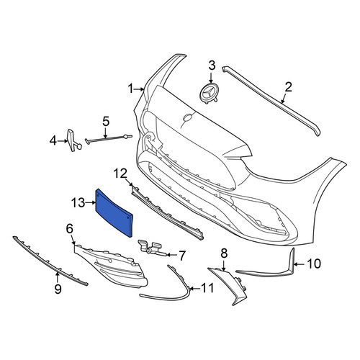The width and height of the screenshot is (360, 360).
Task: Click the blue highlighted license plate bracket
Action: (114, 213)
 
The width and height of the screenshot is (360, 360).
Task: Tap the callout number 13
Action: (78, 203)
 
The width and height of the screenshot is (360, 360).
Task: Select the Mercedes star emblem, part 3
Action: (210, 94)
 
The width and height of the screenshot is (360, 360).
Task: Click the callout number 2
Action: (288, 87)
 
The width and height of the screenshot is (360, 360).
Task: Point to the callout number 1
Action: (131, 89)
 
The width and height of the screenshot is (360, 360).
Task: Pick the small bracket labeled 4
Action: (74, 140)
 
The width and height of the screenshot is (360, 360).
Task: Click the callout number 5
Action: (106, 122)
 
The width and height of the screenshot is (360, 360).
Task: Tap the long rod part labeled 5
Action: (109, 138)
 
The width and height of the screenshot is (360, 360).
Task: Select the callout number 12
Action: (120, 174)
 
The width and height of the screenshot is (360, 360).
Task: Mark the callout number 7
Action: (182, 256)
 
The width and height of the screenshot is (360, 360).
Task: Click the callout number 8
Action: (224, 253)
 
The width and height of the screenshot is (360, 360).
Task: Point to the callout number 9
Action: (58, 289)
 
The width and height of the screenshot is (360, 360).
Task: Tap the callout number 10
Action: (314, 264)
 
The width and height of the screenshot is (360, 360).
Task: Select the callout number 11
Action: (207, 288)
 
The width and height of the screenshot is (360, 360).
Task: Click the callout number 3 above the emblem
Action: (212, 66)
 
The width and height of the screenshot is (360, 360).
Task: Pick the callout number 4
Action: (53, 140)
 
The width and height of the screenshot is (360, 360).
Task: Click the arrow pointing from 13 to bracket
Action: (91, 203)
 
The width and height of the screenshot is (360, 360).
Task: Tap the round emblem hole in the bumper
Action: (187, 117)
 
